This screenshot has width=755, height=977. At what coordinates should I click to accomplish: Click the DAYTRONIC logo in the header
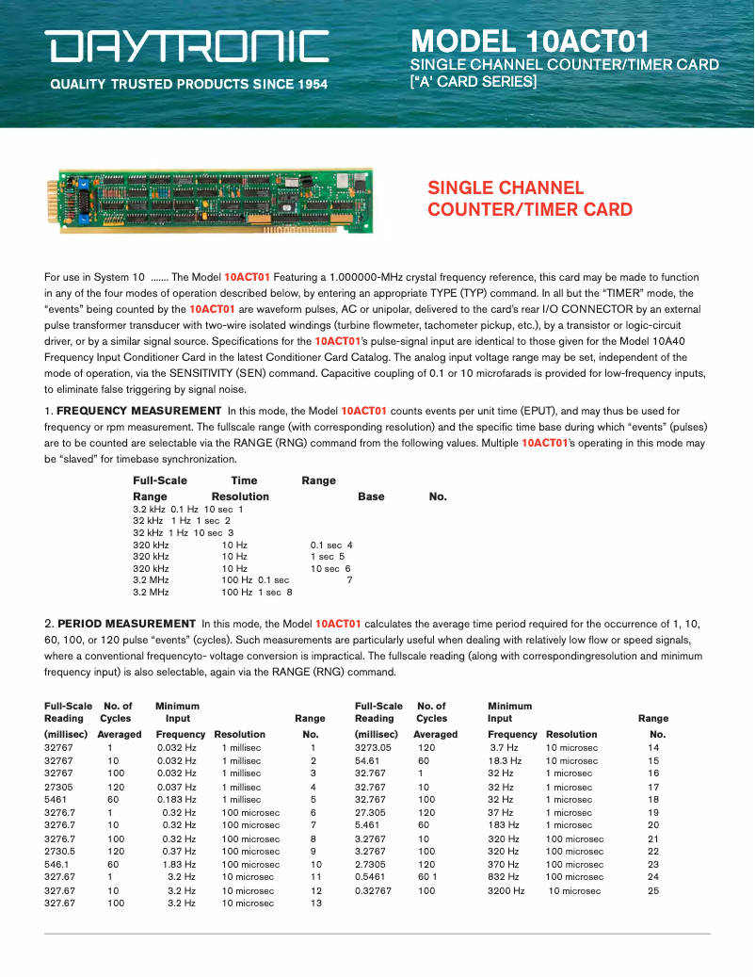pos(189,47)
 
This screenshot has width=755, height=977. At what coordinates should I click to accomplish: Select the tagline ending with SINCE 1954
pos(188,85)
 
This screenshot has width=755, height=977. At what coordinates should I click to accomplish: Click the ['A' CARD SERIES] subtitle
pos(473,82)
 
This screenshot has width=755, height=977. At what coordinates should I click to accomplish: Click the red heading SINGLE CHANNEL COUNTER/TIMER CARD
pos(530,199)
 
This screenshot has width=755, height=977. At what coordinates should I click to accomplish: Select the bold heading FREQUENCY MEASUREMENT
pos(138,411)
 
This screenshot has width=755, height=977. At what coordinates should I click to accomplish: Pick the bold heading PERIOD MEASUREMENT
pos(126,624)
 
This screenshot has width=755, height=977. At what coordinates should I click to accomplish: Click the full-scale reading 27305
pos(59,787)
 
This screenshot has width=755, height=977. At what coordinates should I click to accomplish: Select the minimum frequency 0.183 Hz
pos(176,800)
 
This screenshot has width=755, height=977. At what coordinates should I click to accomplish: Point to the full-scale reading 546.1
pos(57,864)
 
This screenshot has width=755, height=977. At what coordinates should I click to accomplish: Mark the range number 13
pos(316,903)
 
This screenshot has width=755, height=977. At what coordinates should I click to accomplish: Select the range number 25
pos(653,890)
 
